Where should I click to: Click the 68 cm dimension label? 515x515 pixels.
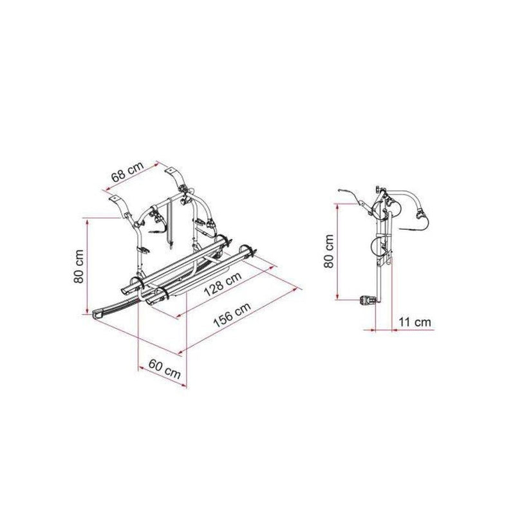coord(127,172)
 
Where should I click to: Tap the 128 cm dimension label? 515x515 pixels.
coord(222,284)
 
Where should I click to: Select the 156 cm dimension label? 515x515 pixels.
coord(232,314)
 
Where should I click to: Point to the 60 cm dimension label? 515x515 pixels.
coord(165,369)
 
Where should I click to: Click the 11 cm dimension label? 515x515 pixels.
coord(415,322)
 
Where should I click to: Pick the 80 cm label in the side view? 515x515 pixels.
coord(329,251)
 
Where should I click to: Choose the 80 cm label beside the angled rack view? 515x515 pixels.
coord(79,267)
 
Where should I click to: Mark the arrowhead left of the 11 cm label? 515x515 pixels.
coord(371,330)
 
